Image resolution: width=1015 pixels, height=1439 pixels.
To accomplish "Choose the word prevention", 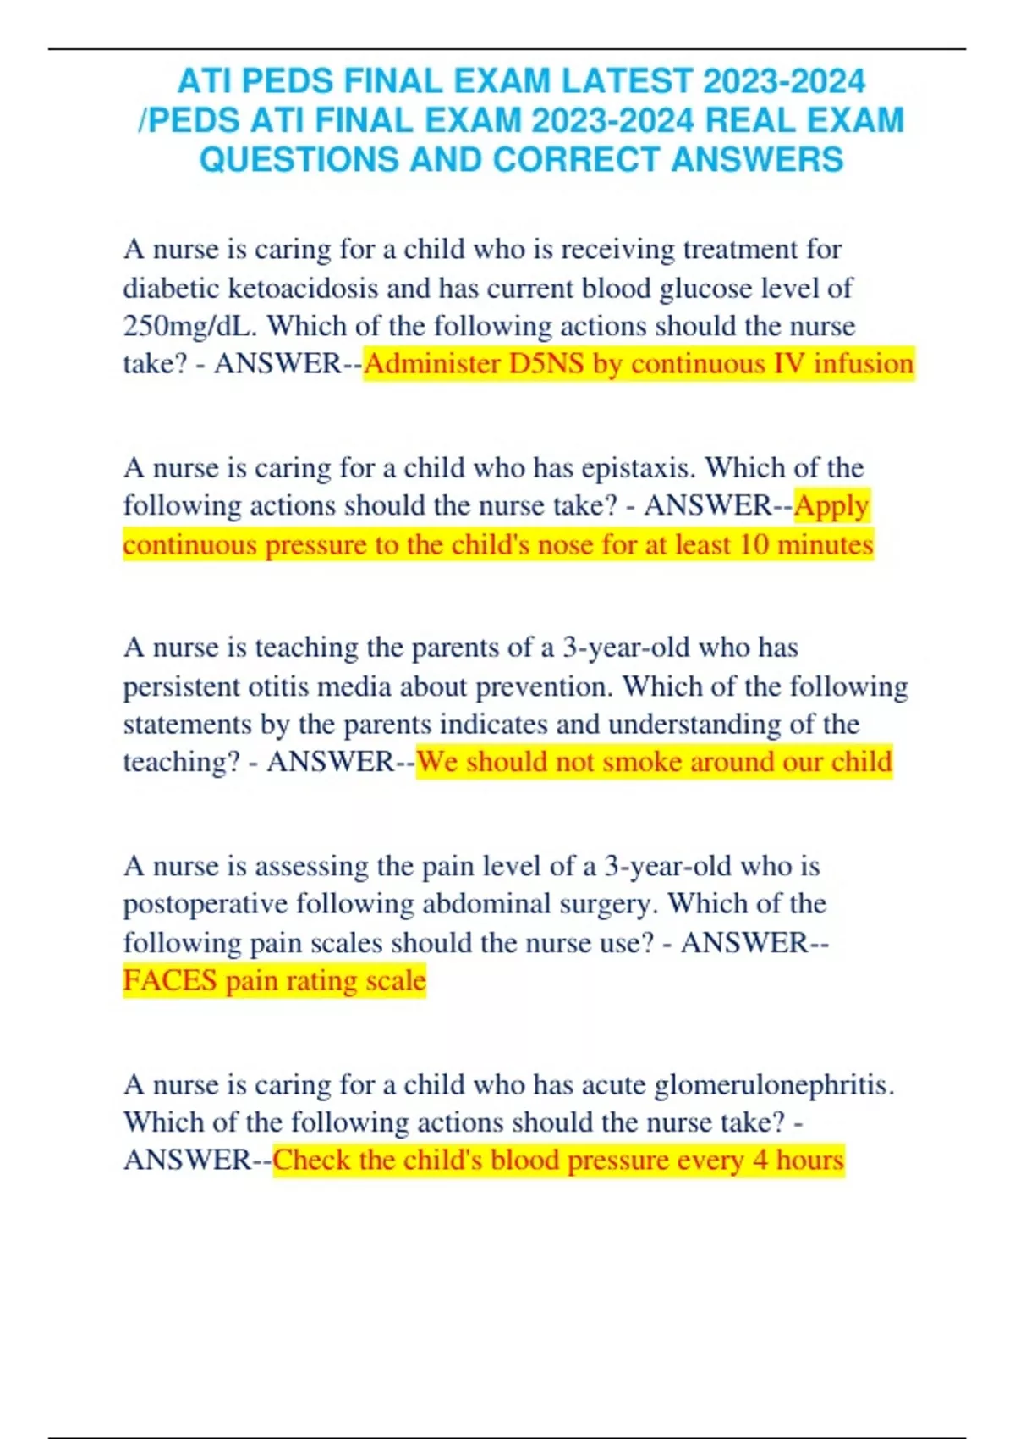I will (544, 686).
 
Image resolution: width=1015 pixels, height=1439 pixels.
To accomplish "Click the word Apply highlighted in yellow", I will (831, 506).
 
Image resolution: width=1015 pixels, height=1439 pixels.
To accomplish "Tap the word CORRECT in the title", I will (576, 160).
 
